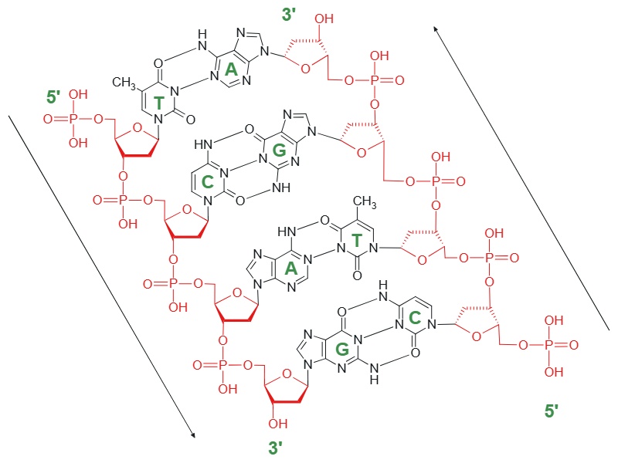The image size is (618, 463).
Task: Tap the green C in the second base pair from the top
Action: (230, 181)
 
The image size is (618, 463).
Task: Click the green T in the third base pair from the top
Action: (357, 241)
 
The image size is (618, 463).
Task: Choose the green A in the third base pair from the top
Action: (291, 268)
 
